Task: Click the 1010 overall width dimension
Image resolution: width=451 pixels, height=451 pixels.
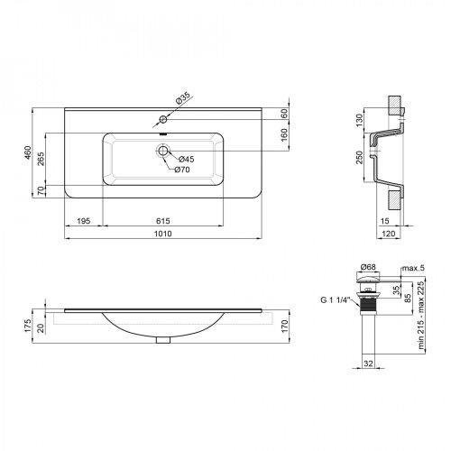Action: click(x=163, y=234)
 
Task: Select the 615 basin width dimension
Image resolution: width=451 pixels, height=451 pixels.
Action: click(x=163, y=221)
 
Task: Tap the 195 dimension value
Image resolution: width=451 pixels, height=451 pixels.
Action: click(x=84, y=221)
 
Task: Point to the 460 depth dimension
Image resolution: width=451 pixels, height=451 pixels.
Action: click(x=28, y=152)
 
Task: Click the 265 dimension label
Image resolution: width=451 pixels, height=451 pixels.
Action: click(x=41, y=159)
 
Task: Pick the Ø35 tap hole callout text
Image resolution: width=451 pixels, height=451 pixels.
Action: click(x=183, y=98)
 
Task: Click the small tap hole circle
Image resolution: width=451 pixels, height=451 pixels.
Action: click(x=163, y=119)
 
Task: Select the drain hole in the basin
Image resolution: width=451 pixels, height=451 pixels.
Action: click(x=163, y=151)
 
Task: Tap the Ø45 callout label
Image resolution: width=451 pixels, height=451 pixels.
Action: click(x=187, y=159)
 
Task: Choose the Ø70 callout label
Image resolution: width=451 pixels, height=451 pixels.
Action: click(x=182, y=170)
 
